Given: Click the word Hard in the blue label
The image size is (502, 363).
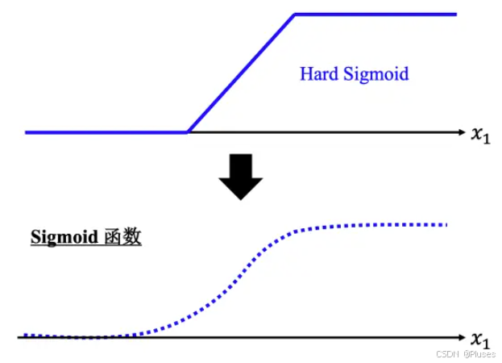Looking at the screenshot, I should pos(318,74).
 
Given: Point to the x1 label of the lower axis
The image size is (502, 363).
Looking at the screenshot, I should pos(480,339).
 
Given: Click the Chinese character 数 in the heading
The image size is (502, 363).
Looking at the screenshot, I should pos(131,238).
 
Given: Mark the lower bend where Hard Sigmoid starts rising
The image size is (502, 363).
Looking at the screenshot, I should pos(189,131).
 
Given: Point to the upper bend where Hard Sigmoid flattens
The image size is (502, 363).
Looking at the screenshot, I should pos(295,15).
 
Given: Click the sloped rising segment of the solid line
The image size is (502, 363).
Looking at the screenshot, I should pos(242,73).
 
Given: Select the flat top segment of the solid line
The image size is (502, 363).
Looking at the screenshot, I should pos(375,14).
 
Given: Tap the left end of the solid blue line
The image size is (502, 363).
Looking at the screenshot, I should pos(27,131).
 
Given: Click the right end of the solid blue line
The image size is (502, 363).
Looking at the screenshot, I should pos(455,14).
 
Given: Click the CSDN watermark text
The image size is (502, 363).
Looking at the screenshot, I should pos(448,354).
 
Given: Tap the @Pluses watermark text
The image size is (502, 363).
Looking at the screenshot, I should pos(479,354).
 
